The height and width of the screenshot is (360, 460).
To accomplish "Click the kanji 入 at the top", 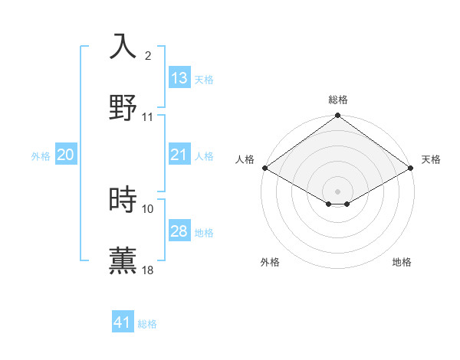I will (x=123, y=47).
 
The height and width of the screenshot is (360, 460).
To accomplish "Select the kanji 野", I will (x=123, y=106).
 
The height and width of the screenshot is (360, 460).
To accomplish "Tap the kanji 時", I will (x=123, y=200).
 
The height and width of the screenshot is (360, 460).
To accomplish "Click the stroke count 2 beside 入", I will (x=148, y=56).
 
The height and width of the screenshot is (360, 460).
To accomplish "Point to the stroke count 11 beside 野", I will (x=148, y=117).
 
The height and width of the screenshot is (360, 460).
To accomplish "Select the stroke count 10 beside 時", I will (x=148, y=208).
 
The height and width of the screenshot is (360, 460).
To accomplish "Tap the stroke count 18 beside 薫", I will (x=148, y=270).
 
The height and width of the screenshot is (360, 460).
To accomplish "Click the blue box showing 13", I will (x=179, y=78).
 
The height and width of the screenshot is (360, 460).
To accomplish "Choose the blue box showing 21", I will (x=179, y=155).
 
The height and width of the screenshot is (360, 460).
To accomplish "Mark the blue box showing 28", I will (x=179, y=231).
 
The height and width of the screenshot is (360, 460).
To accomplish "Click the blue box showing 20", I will (x=65, y=155).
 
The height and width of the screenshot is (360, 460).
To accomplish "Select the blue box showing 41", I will (x=123, y=322).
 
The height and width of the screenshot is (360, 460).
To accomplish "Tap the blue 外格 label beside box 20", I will (x=41, y=155).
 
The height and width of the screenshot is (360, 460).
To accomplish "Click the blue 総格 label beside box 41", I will (x=147, y=324).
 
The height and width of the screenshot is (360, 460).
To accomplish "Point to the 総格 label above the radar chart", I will (x=337, y=100).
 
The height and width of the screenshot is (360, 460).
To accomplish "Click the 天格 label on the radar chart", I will (x=431, y=159).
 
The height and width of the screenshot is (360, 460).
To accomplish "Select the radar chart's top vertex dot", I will (x=337, y=116).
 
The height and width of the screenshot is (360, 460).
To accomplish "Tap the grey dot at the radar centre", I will (x=337, y=191).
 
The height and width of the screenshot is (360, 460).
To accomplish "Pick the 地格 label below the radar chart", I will (x=402, y=262).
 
